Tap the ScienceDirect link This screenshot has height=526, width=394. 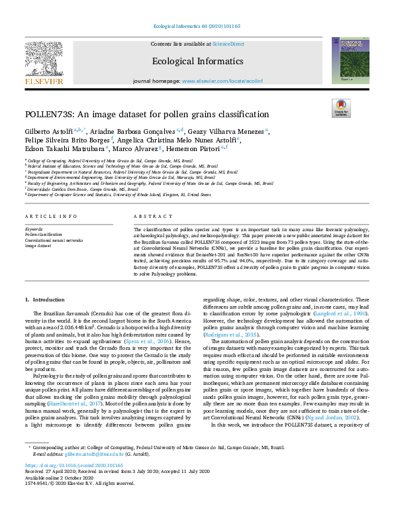coord(228,44)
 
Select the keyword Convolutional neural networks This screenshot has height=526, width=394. coord(54,240)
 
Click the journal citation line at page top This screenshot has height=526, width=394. coord(196,26)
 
